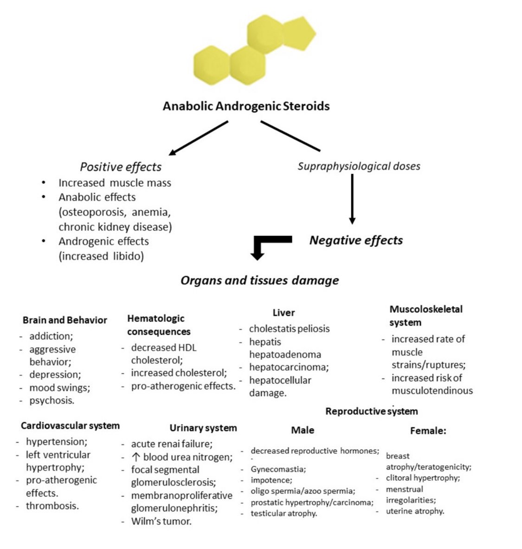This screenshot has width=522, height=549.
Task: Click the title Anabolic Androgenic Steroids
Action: (246, 106)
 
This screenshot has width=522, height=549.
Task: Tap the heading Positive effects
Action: (121, 167)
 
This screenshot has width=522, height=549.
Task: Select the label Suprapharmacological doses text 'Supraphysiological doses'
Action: (359, 166)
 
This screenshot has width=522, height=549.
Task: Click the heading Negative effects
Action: (356, 240)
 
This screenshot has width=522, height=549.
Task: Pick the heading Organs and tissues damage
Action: (259, 280)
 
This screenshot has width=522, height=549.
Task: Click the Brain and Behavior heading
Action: (64, 320)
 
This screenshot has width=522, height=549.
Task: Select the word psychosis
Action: (52, 400)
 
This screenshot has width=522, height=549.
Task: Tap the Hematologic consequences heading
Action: (159, 325)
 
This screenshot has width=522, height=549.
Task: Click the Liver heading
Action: (284, 313)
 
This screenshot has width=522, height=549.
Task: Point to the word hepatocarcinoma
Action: (289, 367)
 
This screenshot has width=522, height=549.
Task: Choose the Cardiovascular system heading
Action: (70, 425)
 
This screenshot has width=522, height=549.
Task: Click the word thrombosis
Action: (52, 506)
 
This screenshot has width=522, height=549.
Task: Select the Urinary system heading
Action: (203, 428)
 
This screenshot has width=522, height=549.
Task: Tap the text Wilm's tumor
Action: (161, 521)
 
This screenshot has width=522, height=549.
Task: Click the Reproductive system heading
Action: (371, 411)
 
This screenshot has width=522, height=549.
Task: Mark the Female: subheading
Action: (428, 431)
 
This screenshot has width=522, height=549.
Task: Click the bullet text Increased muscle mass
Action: (115, 183)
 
